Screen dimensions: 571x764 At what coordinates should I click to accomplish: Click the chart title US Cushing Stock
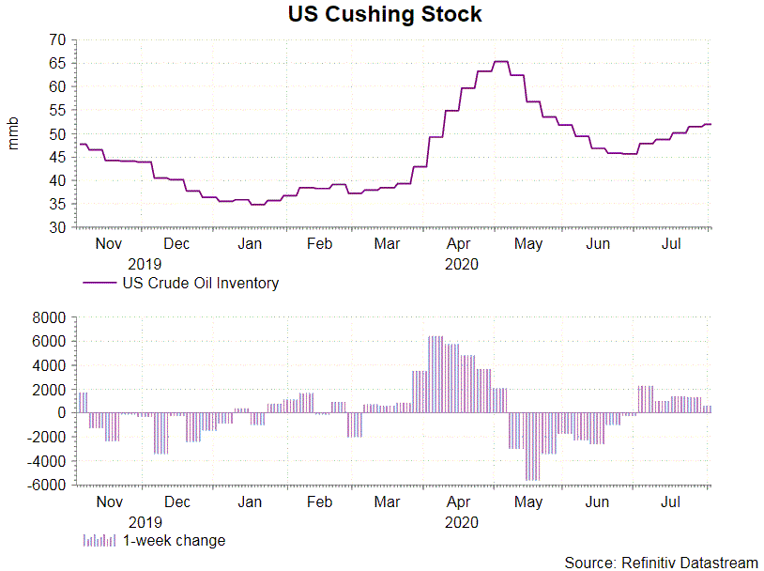(x=385, y=15)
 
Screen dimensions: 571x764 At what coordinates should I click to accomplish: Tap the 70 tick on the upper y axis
(x=57, y=39)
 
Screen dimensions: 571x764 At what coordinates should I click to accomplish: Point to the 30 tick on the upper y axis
(x=57, y=227)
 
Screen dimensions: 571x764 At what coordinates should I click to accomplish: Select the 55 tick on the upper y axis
(x=57, y=110)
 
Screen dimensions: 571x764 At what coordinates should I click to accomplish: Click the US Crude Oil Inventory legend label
(x=200, y=283)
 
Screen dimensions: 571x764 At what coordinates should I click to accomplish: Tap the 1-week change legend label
(x=174, y=540)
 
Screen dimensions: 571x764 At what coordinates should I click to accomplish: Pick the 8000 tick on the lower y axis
(x=50, y=318)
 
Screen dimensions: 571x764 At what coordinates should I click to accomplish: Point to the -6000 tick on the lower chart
(x=48, y=486)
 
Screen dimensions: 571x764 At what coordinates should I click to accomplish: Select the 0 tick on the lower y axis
(x=61, y=413)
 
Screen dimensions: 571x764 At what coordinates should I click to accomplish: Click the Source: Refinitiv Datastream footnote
(x=661, y=563)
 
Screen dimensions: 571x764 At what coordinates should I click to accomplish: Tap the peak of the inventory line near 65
(x=501, y=62)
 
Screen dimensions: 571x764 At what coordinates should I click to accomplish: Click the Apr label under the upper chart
(x=459, y=244)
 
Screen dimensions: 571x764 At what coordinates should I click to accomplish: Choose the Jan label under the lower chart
(x=250, y=502)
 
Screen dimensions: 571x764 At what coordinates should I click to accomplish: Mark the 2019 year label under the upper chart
(x=145, y=264)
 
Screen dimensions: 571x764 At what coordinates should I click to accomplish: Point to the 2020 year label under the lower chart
(x=461, y=522)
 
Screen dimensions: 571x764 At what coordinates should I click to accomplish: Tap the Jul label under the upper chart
(x=671, y=244)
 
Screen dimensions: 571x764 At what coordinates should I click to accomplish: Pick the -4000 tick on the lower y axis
(x=48, y=461)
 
